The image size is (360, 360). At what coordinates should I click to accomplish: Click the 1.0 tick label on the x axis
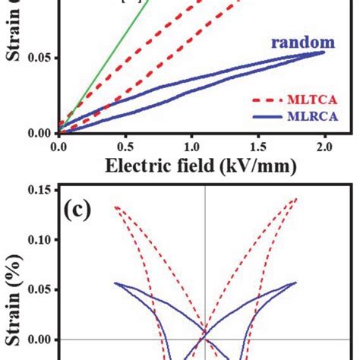(191, 144)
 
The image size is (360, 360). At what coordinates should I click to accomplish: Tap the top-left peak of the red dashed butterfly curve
(115, 206)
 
